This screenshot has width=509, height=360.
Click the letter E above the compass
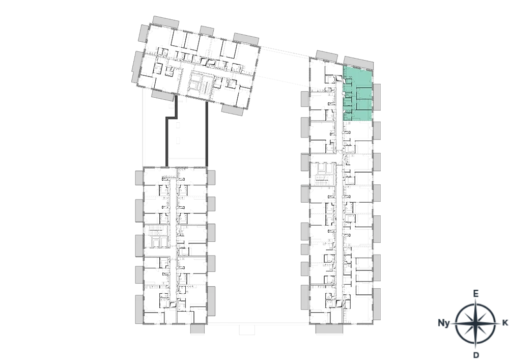tap(475, 294)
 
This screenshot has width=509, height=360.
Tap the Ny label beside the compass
tap(444, 323)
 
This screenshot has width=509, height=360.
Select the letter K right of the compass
tap(505, 323)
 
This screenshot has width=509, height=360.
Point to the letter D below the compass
tap(476, 354)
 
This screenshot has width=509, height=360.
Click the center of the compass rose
tap(475, 323)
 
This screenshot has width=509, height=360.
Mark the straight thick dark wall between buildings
tap(207, 134)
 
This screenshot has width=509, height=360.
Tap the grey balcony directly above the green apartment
tap(358, 62)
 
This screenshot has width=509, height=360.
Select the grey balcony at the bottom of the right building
tap(329, 329)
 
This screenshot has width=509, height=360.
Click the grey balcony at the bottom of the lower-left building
tap(197, 329)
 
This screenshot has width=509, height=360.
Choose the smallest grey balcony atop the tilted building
tap(207, 31)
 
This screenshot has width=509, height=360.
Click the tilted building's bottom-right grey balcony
tap(233, 109)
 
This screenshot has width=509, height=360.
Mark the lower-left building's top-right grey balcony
tap(211, 178)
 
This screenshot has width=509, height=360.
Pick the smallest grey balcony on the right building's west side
tap(304, 250)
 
